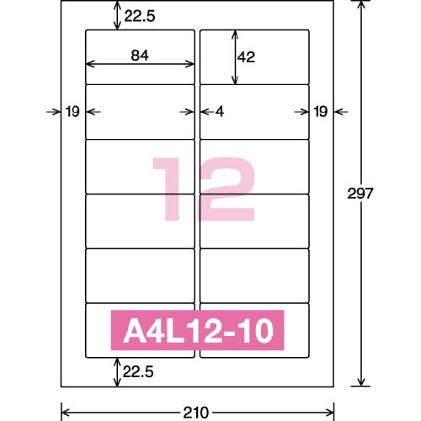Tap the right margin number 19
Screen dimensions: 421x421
pyautogui.click(x=320, y=111)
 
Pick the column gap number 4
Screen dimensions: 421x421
pyautogui.click(x=218, y=111)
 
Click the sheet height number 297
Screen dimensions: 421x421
pyautogui.click(x=384, y=193)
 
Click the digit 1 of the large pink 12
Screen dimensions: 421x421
pyautogui.click(x=166, y=189)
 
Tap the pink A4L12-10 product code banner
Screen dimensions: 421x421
pyautogui.click(x=198, y=332)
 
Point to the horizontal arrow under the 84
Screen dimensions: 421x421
pyautogui.click(x=141, y=66)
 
